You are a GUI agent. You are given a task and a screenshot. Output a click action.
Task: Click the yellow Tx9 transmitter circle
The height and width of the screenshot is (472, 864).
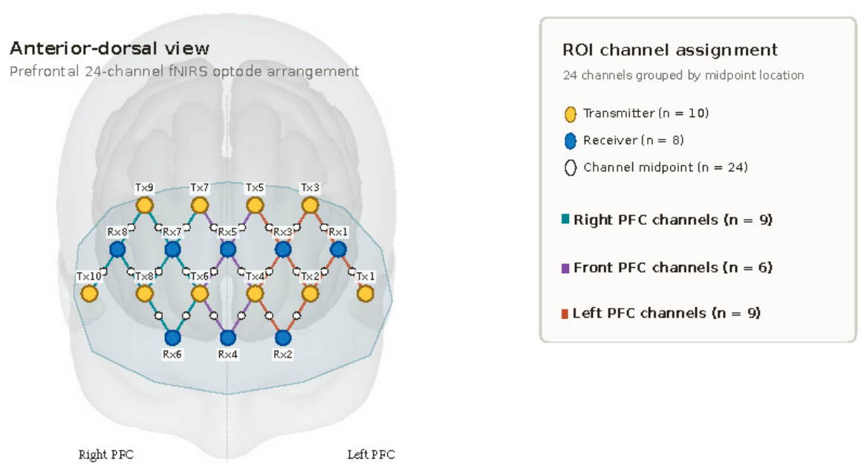tap(144, 206)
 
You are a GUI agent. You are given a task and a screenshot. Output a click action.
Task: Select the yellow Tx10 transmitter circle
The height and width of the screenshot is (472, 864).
tap(89, 294)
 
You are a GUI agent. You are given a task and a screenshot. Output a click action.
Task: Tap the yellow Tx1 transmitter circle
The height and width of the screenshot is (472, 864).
tap(366, 294)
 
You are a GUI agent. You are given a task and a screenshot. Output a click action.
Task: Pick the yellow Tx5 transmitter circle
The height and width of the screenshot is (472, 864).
tap(255, 206)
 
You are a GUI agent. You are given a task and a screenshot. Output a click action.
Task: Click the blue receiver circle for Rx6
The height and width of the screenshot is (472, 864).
tap(172, 338)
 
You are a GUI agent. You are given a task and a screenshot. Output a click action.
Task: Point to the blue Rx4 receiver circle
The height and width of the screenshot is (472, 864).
tap(227, 338)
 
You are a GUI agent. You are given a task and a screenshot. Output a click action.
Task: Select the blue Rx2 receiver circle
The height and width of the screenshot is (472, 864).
tap(282, 338)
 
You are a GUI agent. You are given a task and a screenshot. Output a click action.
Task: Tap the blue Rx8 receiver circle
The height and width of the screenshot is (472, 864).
tap(117, 249)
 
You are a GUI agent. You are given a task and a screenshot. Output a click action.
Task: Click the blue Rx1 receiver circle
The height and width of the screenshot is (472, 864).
tap(338, 249)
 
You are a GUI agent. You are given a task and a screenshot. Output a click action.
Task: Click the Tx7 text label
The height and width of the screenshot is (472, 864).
tap(199, 188)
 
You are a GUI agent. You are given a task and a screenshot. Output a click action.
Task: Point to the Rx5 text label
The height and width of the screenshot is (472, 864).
tap(227, 232)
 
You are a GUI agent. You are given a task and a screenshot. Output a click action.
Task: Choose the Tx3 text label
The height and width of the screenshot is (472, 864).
tap(310, 188)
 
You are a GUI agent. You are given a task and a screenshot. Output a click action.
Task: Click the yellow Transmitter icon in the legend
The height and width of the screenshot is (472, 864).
tap(571, 114)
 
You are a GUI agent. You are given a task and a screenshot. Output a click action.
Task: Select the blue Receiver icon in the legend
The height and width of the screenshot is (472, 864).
tap(571, 141)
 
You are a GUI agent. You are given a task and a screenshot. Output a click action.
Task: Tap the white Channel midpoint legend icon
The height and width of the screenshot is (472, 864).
tap(571, 168)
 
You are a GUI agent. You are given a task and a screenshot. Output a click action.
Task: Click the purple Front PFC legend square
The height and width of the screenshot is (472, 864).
tap(565, 268)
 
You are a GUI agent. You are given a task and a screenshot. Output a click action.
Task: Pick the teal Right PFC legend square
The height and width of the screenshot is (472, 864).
tap(565, 219)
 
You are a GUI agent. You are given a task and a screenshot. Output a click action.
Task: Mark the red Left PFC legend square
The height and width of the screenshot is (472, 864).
tap(565, 314)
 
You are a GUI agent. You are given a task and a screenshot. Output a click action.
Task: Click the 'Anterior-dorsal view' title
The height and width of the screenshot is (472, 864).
tap(110, 48)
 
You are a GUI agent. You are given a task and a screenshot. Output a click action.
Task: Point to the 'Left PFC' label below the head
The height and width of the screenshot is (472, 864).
tap(371, 454)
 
